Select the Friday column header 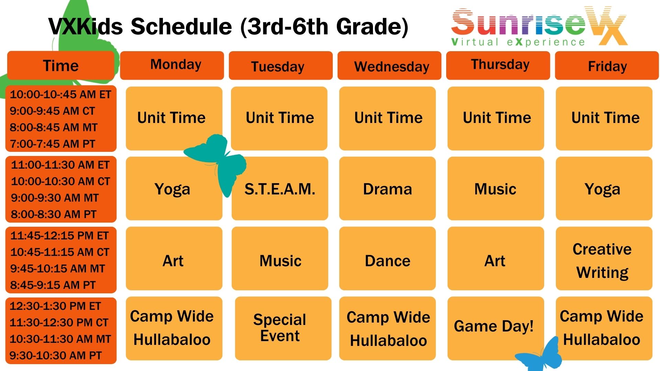coord(607,65)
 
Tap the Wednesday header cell coord(389,65)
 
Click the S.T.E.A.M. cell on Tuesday coord(280,188)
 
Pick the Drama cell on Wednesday coord(387,188)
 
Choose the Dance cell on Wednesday coord(387,258)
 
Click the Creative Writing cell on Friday coord(604,258)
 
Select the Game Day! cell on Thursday coord(496,328)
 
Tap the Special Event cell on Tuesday coord(283,328)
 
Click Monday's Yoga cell coord(174,188)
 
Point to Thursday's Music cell coord(496,188)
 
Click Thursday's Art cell coord(496,258)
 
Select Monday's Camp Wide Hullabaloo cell coord(174,328)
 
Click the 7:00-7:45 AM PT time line coord(52,144)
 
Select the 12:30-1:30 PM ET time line coord(55,306)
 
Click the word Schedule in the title coord(181,26)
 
